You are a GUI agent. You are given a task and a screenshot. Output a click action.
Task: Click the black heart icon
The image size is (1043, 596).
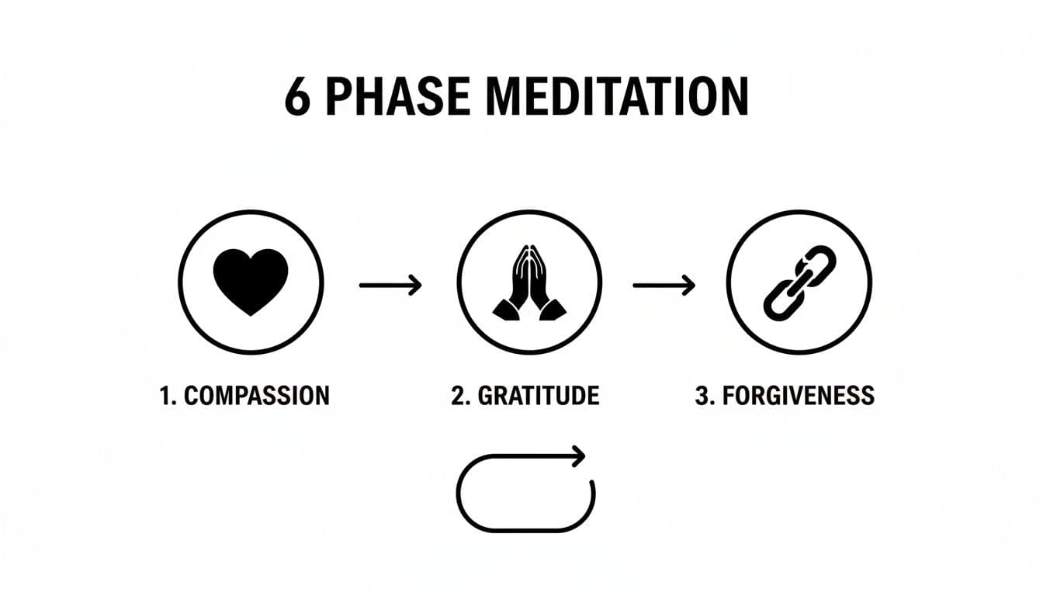[251, 281]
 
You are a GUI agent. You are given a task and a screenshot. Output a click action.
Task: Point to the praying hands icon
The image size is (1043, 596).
[529, 281]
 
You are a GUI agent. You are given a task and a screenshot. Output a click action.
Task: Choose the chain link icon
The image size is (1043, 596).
[799, 281]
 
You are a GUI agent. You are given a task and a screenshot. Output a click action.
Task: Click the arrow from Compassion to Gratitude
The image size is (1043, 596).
[390, 286]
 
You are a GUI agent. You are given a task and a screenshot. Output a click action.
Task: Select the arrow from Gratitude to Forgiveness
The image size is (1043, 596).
[664, 286]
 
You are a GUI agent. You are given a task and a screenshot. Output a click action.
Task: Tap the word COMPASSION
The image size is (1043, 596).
[257, 395]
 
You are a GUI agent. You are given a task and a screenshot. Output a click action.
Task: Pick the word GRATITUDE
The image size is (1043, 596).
[539, 395]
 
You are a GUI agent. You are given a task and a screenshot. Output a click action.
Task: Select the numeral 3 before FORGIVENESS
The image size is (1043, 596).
[701, 395]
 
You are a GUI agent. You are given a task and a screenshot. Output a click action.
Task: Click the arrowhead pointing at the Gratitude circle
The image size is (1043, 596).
[416, 286]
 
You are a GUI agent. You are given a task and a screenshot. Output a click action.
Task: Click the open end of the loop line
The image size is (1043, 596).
[593, 484]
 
